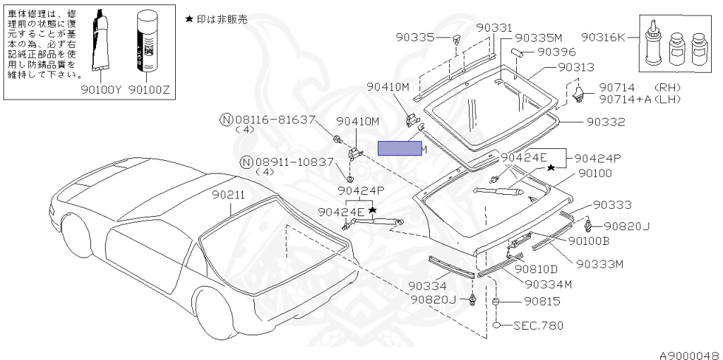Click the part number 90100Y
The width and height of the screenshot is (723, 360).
point(101,90)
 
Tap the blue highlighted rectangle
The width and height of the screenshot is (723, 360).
point(400,148)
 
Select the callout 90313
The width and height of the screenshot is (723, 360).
point(575,67)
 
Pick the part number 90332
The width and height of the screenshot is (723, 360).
point(605,121)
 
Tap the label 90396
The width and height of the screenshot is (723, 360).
point(556,52)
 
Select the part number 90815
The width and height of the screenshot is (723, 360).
point(542,301)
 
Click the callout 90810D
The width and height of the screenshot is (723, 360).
point(536,269)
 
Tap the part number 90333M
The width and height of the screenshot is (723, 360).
point(599,264)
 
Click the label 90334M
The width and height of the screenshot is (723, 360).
point(547,284)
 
